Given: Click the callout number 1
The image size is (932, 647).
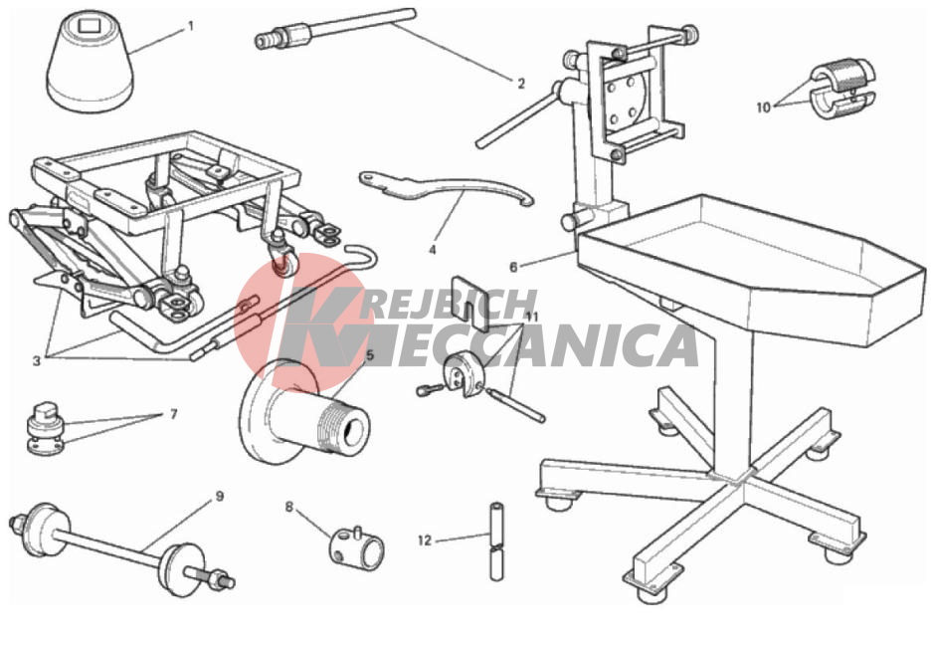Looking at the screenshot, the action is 191,26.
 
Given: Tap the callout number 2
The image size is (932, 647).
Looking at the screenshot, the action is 521,84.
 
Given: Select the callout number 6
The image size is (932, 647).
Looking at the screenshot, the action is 513,268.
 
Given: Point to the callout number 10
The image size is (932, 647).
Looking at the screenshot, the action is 763,108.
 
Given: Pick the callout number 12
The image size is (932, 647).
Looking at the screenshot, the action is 425,540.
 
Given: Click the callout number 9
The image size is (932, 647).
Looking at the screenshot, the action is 220,496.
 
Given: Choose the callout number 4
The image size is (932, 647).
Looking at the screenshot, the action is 432,251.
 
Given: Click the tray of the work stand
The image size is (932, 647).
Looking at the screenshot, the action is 750,269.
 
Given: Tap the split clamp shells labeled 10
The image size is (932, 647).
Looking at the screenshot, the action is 842,88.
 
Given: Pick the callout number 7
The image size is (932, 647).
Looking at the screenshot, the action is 173,414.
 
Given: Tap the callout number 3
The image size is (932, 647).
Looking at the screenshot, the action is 37,361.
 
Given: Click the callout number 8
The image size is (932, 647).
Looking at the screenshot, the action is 289,508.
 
